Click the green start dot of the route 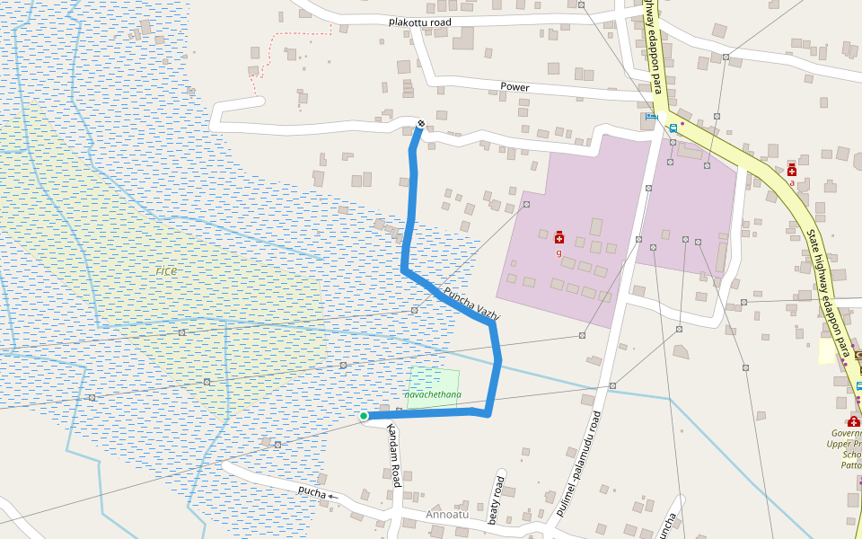pos(364,416)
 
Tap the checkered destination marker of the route pos(421,123)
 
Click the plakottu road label pos(419,22)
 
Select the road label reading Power pos(515,87)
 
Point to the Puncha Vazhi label pos(471,304)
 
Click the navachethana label pos(433,394)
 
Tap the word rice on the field pos(166,270)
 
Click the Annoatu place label pos(447,516)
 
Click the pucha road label pos(312,490)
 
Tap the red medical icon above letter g pos(559,237)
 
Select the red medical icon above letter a pos(791,171)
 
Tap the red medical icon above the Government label pos(853,422)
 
